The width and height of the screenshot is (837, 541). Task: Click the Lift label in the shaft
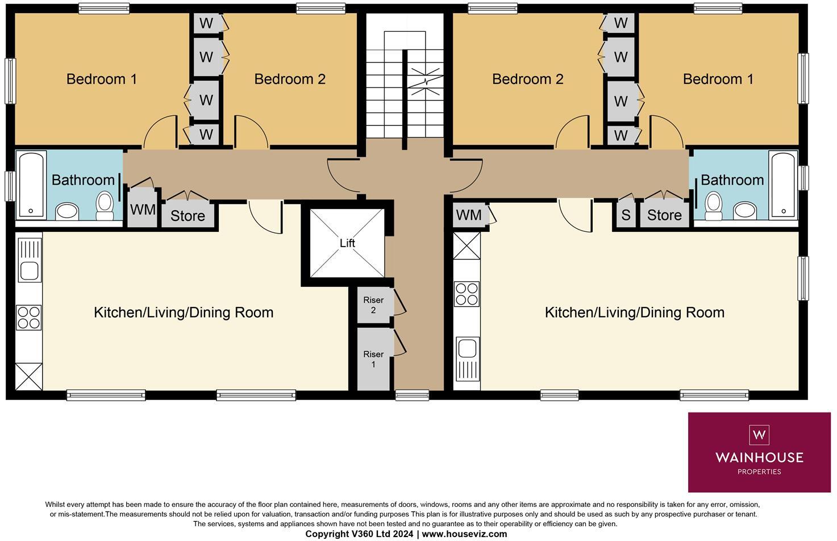pyautogui.click(x=347, y=243)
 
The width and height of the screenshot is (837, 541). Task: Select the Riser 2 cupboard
pyautogui.click(x=373, y=305)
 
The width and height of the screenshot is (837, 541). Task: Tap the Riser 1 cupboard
pyautogui.click(x=373, y=359)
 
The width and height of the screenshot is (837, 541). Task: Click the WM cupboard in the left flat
pyautogui.click(x=142, y=209)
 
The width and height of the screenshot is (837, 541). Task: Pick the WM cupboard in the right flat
pyautogui.click(x=469, y=215)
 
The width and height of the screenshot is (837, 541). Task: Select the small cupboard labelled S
pyautogui.click(x=626, y=215)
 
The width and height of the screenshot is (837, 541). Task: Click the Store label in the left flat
pyautogui.click(x=188, y=216)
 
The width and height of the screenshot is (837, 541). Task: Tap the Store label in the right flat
pyautogui.click(x=664, y=215)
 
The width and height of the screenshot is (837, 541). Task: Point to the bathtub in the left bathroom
pyautogui.click(x=31, y=185)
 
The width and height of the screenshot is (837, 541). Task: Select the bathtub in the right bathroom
pyautogui.click(x=783, y=185)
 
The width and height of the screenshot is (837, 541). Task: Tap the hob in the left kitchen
pyautogui.click(x=29, y=318)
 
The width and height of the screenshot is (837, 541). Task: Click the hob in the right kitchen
pyautogui.click(x=467, y=294)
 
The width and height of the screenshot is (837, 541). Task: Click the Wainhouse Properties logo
pyautogui.click(x=759, y=452)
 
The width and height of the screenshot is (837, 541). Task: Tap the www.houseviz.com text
pyautogui.click(x=464, y=534)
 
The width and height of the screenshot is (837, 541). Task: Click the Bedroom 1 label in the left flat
pyautogui.click(x=102, y=79)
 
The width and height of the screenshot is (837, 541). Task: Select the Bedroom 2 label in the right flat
pyautogui.click(x=527, y=79)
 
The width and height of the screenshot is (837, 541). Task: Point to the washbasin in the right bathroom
pyautogui.click(x=744, y=210)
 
